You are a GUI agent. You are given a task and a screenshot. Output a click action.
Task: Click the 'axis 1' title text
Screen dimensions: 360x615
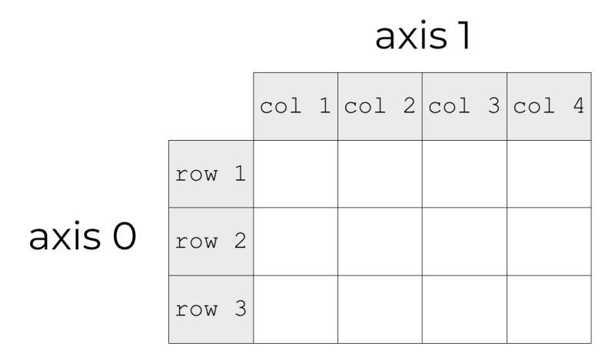pos(422,36)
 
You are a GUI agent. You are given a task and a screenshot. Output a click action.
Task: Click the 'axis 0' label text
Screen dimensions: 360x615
pos(82,238)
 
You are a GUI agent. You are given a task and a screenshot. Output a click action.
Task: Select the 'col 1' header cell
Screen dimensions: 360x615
pos(295,106)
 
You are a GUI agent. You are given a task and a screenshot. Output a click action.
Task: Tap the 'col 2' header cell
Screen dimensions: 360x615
pos(380,106)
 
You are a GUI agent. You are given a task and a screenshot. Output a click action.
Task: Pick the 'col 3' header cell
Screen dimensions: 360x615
pos(464,106)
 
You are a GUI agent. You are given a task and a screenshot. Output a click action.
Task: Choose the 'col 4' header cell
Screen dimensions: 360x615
pos(549,106)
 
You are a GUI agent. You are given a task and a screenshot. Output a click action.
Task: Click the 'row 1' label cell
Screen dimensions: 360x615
pos(211,174)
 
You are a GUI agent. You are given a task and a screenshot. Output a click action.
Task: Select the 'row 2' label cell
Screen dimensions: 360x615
pos(211,242)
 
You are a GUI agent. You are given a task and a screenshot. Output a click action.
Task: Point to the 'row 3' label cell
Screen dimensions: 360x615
pos(211,309)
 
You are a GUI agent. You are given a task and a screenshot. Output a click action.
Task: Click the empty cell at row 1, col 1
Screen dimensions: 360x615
pos(295,174)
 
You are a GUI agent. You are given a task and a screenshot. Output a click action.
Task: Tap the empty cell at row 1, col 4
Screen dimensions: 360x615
pos(549,174)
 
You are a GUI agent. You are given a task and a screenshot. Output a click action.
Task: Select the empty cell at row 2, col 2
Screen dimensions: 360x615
pos(380,242)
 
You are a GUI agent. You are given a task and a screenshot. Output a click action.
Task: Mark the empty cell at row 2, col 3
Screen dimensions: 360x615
pos(464,242)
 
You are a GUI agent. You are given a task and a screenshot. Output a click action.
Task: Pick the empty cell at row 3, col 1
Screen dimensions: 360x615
pos(295,309)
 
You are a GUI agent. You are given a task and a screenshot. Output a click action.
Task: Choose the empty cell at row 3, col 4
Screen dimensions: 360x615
pos(549,309)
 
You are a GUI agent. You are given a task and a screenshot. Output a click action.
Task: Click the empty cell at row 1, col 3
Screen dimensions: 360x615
pos(464,174)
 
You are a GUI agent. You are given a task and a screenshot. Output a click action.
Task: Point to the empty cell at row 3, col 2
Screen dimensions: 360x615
pos(380,309)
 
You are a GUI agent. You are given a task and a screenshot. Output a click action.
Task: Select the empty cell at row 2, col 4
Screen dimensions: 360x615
pos(549,242)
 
